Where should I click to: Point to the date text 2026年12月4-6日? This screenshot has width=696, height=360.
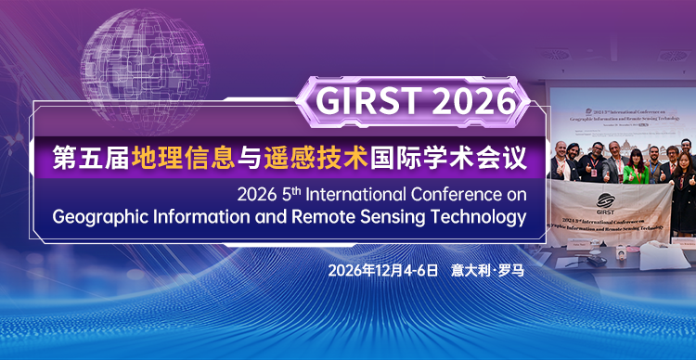[x=382, y=271]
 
